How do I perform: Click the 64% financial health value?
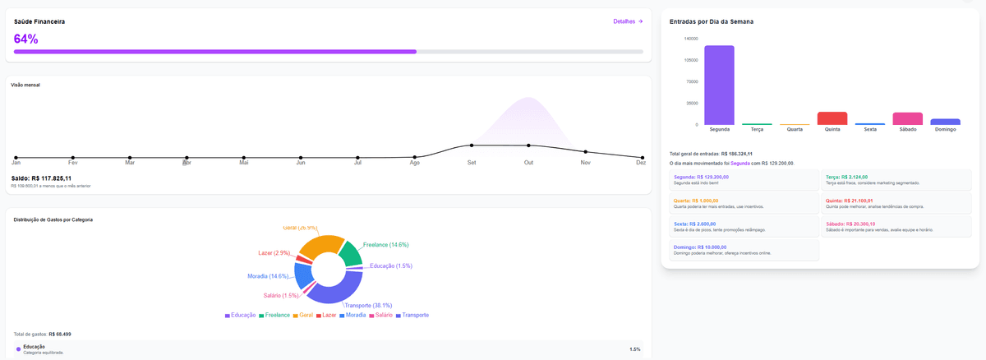pyautogui.click(x=26, y=39)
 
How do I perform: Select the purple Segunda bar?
pyautogui.click(x=719, y=85)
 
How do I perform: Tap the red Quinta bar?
pyautogui.click(x=832, y=118)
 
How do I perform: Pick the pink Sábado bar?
pyautogui.click(x=908, y=118)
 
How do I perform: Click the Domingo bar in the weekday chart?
pyautogui.click(x=945, y=122)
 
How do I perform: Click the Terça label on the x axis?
pyautogui.click(x=757, y=130)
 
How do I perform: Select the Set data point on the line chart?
pyautogui.click(x=472, y=145)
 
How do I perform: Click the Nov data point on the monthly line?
pyautogui.click(x=585, y=152)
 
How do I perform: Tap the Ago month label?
pyautogui.click(x=414, y=163)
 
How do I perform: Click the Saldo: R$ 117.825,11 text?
pyautogui.click(x=41, y=178)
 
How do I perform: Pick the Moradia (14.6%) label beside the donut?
pyautogui.click(x=268, y=276)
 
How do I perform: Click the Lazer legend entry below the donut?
pyautogui.click(x=325, y=316)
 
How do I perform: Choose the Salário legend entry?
pyautogui.click(x=380, y=316)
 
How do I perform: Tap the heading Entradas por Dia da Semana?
pyautogui.click(x=712, y=21)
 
